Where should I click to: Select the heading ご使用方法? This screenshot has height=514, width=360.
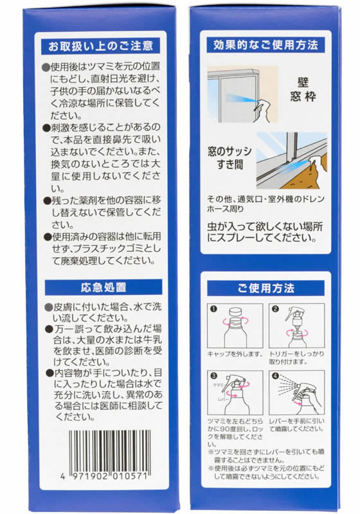269,287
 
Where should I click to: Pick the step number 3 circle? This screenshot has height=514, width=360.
213,377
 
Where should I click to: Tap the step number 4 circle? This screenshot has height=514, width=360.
274,377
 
